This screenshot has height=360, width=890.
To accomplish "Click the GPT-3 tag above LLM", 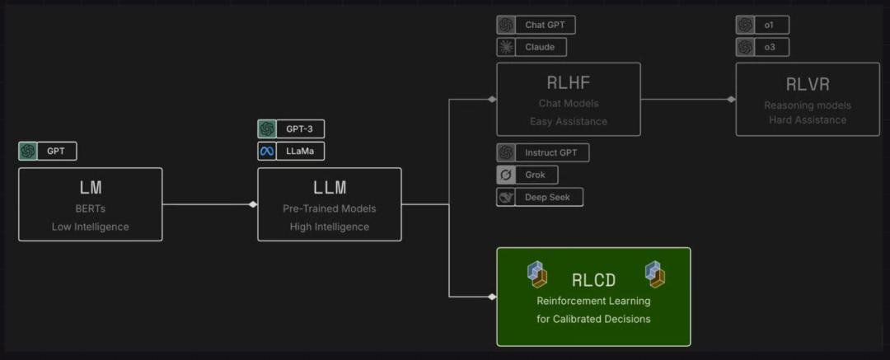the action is click(291, 129).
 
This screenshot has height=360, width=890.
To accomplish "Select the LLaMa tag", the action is click(291, 151).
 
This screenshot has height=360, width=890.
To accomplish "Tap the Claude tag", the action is click(532, 47).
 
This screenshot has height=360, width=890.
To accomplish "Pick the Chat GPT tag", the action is click(536, 25).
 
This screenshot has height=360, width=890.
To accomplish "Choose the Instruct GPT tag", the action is click(542, 152).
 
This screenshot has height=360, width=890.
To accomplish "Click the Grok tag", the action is click(527, 175).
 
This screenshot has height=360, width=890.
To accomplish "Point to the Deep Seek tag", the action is click(540, 197).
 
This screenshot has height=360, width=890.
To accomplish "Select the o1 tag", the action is click(762, 25).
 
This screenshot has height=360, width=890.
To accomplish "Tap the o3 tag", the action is click(762, 47).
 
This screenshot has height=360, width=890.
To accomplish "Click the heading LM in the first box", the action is click(91, 187).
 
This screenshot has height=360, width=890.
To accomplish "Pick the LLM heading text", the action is click(330, 187).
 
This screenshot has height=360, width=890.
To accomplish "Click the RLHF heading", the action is click(569, 83).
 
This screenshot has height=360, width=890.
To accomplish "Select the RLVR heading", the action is click(808, 85).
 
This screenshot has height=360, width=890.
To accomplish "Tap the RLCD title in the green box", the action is click(593, 281).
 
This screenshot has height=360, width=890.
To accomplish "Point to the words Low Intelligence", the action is click(91, 227).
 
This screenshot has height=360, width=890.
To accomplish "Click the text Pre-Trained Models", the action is click(329, 209).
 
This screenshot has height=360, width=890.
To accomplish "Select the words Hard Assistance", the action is click(808, 120).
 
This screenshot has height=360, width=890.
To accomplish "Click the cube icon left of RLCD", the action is click(537, 274).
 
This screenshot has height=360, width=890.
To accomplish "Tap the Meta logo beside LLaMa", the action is click(267, 151).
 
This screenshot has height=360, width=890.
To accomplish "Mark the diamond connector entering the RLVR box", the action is click(731, 100).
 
